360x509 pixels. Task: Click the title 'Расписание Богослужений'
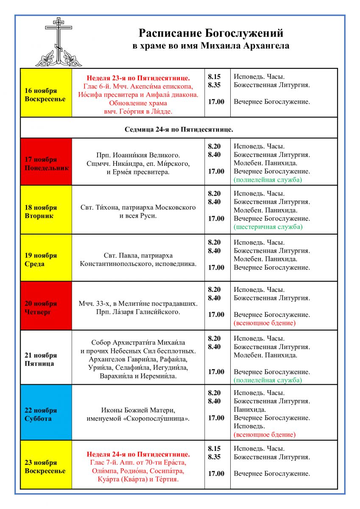click(x=211, y=34)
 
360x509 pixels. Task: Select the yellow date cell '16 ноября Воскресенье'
click(x=46, y=92)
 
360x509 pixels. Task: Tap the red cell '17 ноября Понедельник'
click(x=46, y=162)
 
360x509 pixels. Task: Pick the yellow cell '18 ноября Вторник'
click(x=46, y=210)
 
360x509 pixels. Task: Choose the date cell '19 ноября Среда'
click(x=46, y=257)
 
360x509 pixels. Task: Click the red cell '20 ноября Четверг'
click(x=46, y=305)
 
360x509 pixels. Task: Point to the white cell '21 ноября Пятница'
click(x=46, y=357)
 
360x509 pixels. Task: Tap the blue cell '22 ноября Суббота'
click(x=46, y=412)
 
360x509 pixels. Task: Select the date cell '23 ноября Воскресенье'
click(x=46, y=464)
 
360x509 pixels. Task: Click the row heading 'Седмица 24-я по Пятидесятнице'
click(x=179, y=128)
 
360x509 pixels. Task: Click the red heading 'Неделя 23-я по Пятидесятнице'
click(x=138, y=78)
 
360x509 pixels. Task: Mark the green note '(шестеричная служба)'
click(x=268, y=227)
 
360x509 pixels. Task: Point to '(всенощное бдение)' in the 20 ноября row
click(x=264, y=323)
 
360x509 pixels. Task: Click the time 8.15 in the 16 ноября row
click(x=214, y=77)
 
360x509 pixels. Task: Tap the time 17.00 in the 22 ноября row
click(x=216, y=418)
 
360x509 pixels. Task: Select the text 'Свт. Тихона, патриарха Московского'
click(x=138, y=207)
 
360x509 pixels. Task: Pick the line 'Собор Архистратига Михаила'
click(x=138, y=342)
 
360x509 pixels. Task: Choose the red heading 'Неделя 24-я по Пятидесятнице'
click(x=138, y=455)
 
